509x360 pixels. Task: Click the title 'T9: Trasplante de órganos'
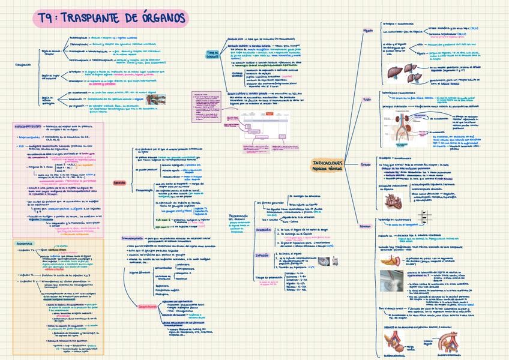pyautogui.click(x=110, y=19)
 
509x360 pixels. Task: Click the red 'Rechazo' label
pyautogui.click(x=119, y=183)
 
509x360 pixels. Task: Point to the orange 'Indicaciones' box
pyautogui.click(x=328, y=165)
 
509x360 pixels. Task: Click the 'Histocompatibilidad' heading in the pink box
pyautogui.click(x=28, y=127)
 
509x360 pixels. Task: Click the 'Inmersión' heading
pyautogui.click(x=265, y=230)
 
